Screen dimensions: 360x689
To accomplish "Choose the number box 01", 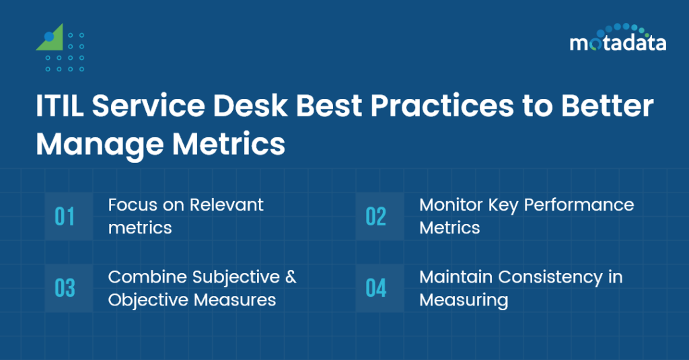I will (65, 217).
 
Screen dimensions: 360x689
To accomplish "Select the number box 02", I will (376, 217).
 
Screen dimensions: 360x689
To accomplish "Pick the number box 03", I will (65, 288).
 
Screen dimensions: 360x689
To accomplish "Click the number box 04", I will (376, 288).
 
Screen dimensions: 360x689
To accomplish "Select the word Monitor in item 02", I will (445, 205).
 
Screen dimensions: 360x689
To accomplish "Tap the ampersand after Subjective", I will (290, 277).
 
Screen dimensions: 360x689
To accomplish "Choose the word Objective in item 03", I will (146, 299).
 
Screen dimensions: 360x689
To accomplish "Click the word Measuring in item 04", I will (464, 299).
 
